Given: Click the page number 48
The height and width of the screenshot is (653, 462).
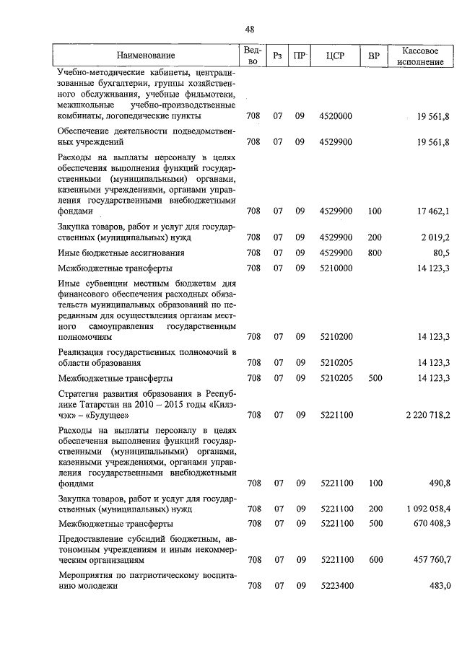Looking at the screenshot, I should coord(250,30).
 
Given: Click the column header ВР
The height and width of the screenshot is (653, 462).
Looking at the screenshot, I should coord(374,56).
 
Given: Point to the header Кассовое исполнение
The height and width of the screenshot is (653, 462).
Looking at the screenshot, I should coord(419,56).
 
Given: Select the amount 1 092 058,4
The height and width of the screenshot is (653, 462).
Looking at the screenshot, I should coord(425,509).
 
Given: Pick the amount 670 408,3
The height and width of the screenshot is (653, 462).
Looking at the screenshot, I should coord(429,523).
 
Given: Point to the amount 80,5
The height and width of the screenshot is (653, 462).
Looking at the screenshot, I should coord(441,253).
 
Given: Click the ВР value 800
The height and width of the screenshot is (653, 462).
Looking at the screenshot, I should coord(374,253).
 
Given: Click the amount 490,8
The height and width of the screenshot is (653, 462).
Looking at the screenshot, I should coord(439,483).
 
